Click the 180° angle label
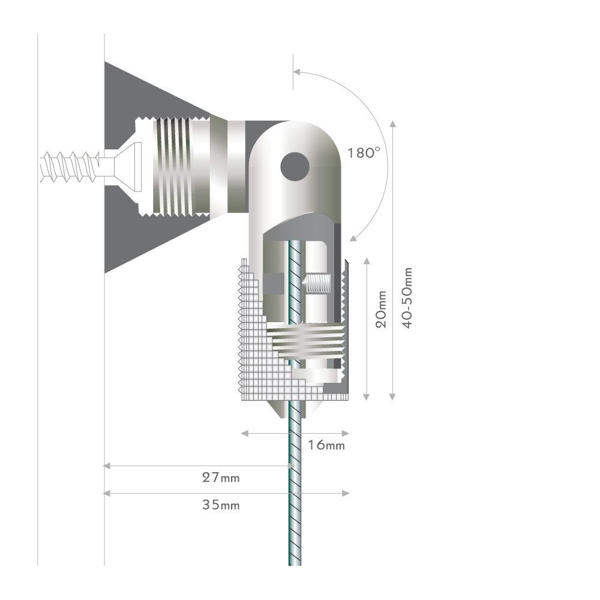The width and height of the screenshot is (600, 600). click(364, 153)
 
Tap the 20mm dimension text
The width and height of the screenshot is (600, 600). click(381, 309)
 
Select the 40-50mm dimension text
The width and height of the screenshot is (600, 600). click(408, 298)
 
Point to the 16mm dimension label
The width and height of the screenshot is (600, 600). click(326, 445)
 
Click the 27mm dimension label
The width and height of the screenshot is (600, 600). click(221, 478)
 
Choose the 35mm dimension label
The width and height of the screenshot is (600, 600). click(221, 505)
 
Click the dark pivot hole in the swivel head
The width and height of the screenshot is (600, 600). click(295, 167)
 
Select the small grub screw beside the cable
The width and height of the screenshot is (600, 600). click(316, 284)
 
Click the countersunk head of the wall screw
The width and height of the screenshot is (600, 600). click(128, 167)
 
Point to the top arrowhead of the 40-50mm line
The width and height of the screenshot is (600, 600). click(392, 124)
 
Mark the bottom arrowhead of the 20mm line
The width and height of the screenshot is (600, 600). click(367, 397)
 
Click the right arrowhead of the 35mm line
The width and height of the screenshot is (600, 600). click(346, 493)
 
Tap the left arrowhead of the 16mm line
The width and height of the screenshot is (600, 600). click(245, 433)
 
